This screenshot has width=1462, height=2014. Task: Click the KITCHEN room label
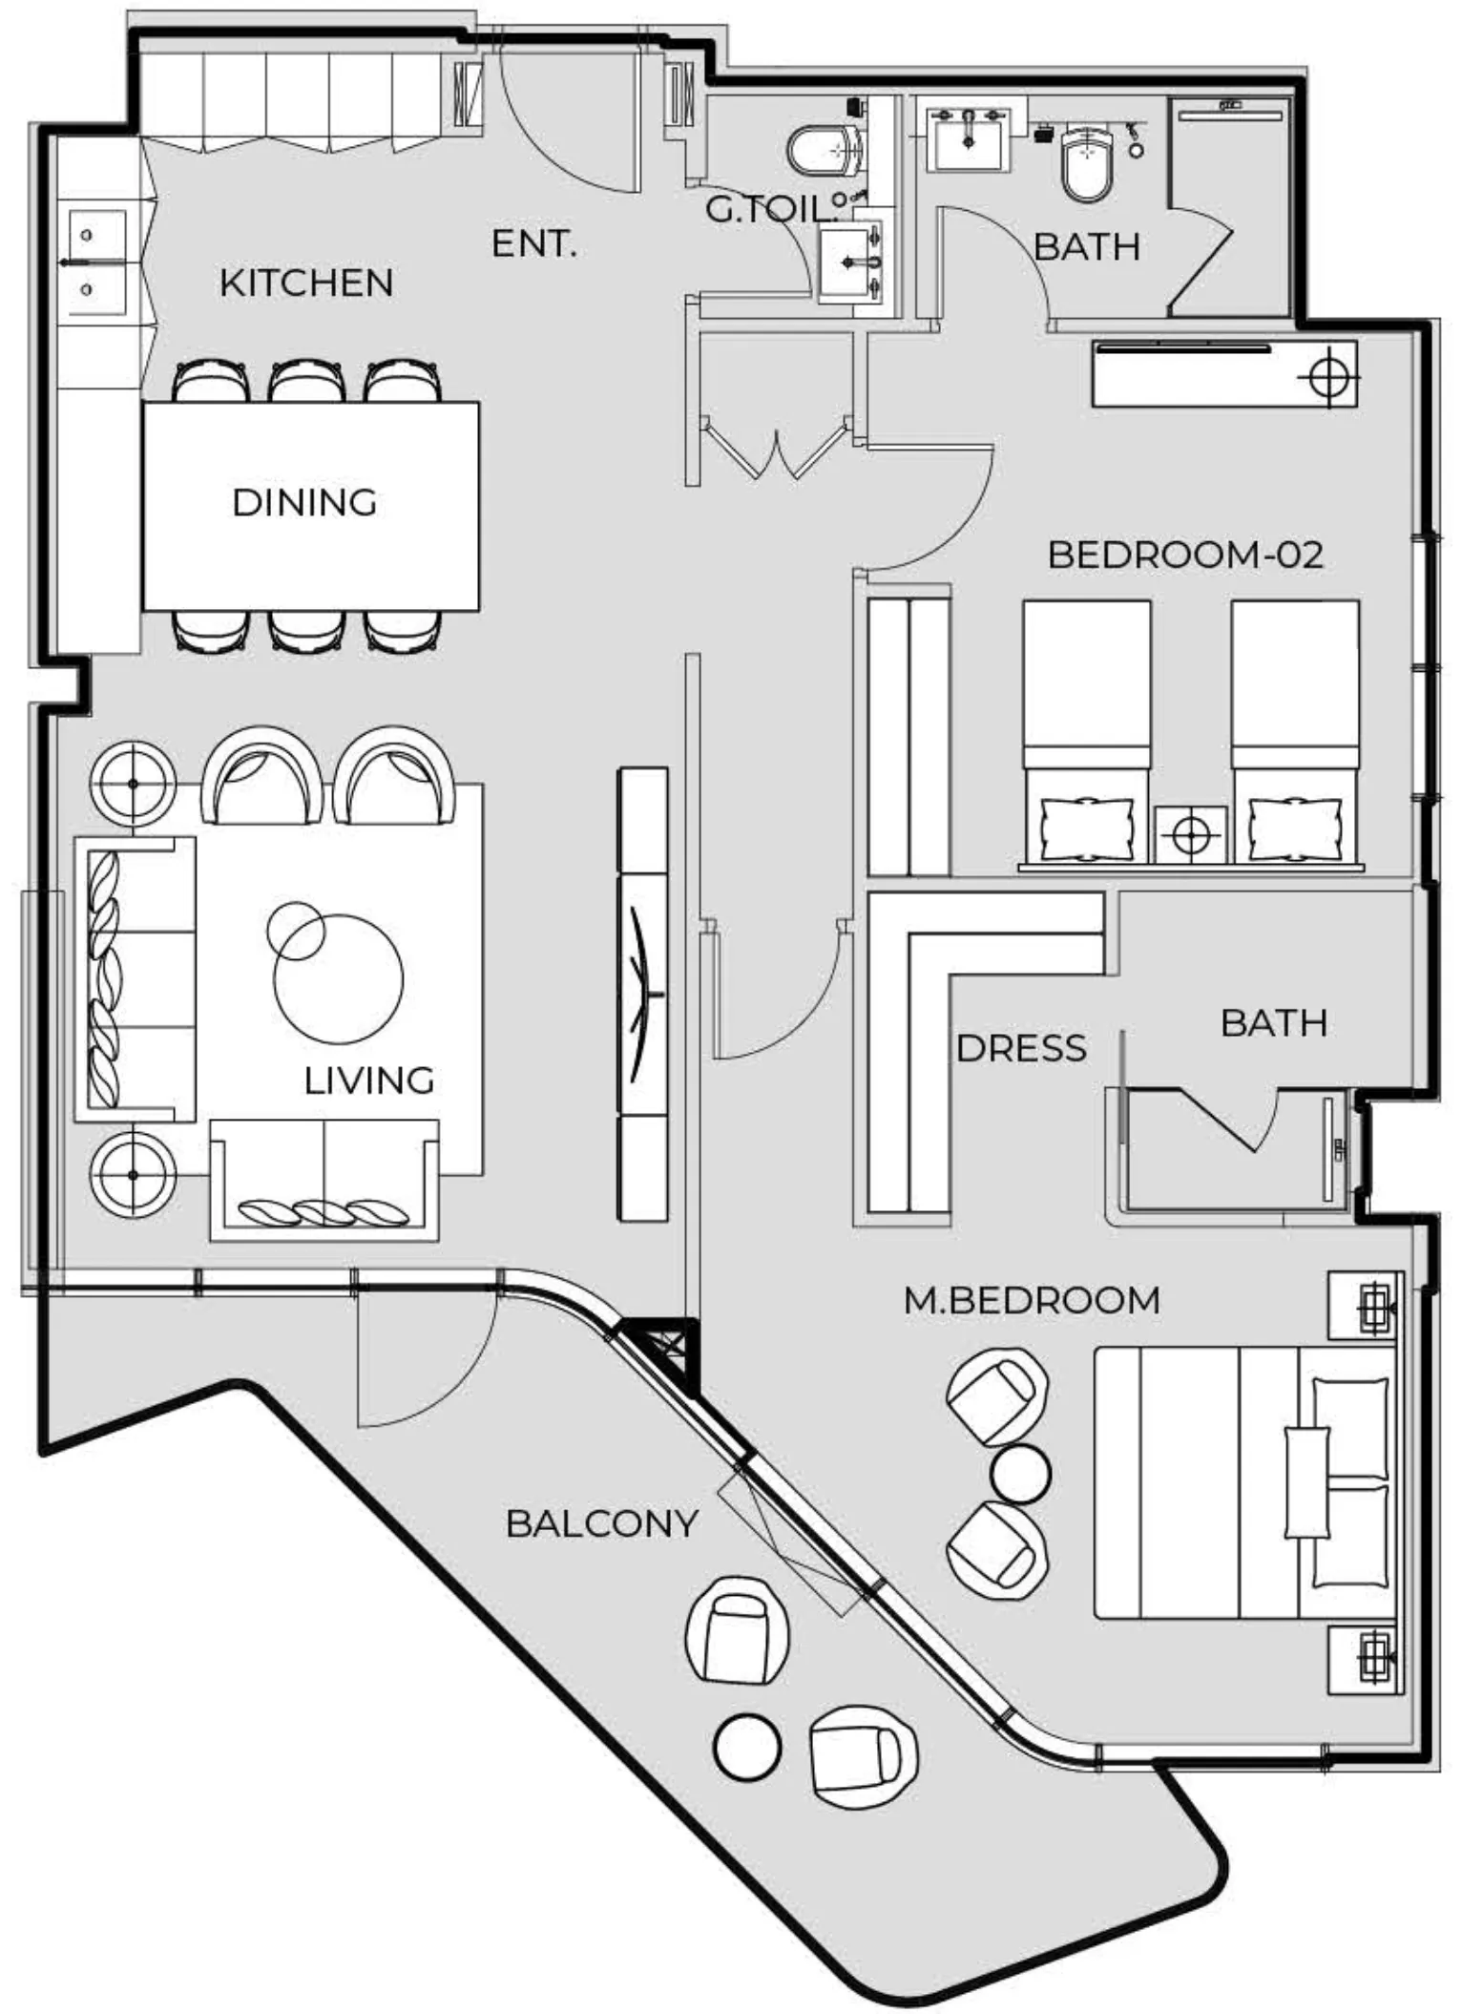click(305, 283)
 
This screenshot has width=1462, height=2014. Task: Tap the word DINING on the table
click(304, 503)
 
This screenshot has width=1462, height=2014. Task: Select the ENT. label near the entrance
click(533, 244)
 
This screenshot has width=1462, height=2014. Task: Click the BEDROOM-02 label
click(1185, 556)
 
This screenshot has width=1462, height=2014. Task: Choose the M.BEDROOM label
click(1032, 1301)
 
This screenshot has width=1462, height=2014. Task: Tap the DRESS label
click(1020, 1049)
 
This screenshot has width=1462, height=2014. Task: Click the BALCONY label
click(601, 1523)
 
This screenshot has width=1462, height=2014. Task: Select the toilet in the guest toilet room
click(825, 151)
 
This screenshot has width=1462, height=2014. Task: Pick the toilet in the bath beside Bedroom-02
click(1087, 162)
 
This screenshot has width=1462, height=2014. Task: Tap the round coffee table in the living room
click(338, 978)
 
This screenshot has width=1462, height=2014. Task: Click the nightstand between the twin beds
click(1190, 835)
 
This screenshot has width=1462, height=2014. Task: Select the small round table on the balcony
click(746, 1749)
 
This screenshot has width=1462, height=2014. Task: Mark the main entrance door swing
click(563, 124)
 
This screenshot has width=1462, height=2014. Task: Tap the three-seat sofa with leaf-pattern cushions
click(136, 978)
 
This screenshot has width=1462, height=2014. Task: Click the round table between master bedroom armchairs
click(1020, 1473)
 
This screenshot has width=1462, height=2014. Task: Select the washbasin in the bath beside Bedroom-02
click(968, 138)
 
